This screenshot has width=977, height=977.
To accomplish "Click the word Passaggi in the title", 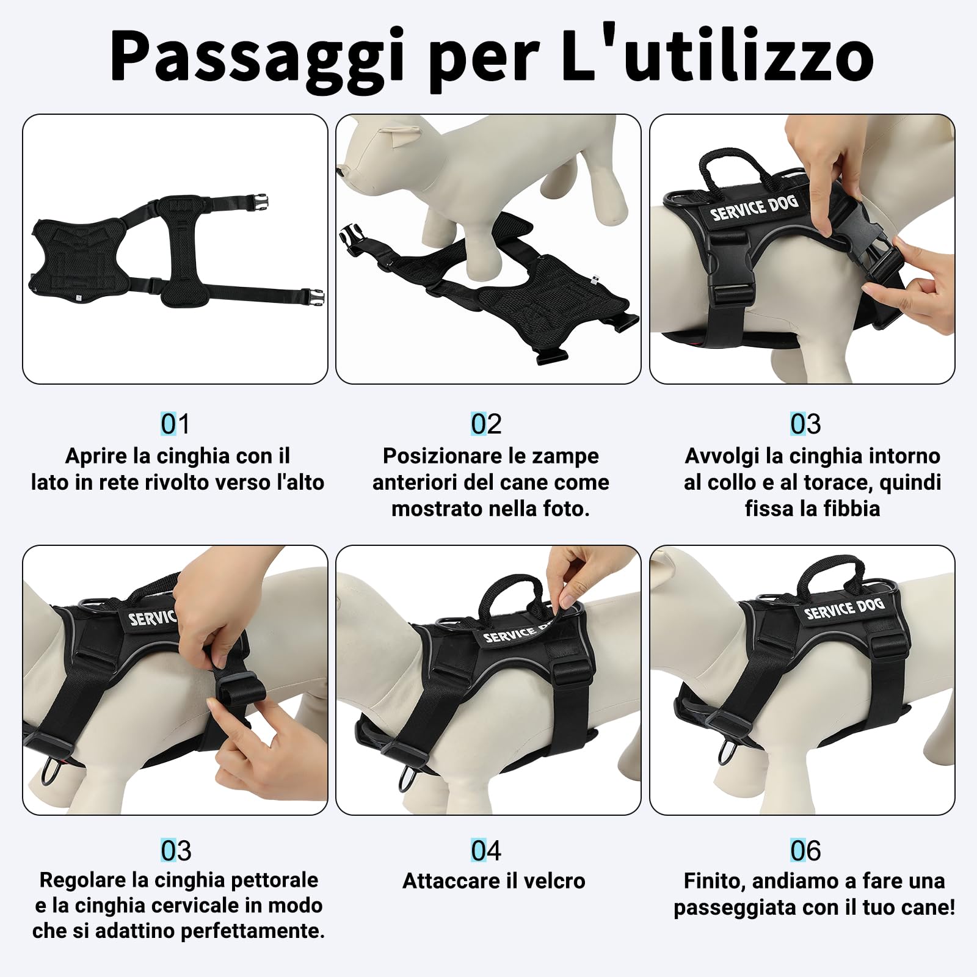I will point(256,58).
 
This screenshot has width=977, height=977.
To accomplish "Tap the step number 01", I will point(175,424).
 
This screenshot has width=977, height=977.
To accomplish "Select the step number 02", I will point(486,424).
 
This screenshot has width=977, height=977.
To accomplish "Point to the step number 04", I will point(486,851).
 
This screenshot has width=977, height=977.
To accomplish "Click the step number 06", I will point(805,851).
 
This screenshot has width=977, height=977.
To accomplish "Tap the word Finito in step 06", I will point(714,881).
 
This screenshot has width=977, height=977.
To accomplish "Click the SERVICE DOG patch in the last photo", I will point(844,609).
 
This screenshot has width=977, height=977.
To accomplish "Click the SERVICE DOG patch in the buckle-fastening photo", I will point(754,208).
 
